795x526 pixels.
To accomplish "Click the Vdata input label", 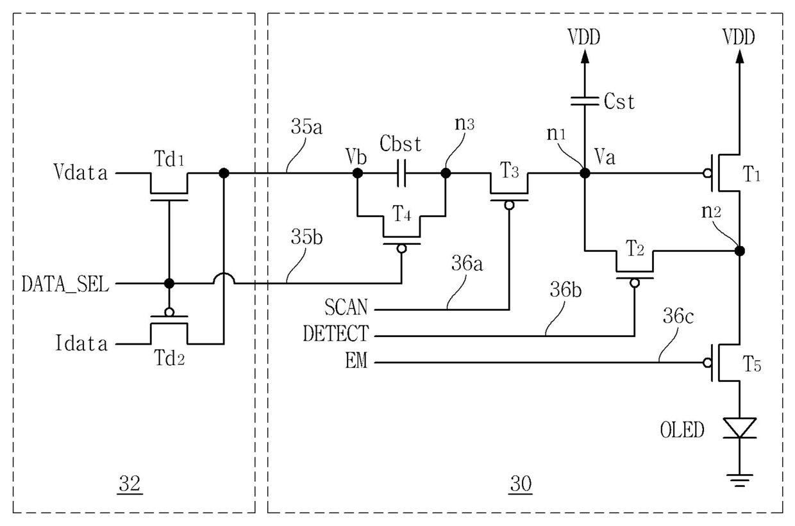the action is pyautogui.click(x=81, y=173).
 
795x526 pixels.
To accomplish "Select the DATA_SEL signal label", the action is pyautogui.click(x=65, y=284).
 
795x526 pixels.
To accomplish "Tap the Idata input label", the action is pyautogui.click(x=81, y=343).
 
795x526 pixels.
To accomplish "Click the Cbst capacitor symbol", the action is pyautogui.click(x=401, y=173).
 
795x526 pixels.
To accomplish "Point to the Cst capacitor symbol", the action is pyautogui.click(x=585, y=101).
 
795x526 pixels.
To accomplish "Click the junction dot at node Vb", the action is pyautogui.click(x=357, y=173).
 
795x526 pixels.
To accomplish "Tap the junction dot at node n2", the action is pyautogui.click(x=740, y=251).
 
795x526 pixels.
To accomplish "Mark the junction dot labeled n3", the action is pyautogui.click(x=446, y=173).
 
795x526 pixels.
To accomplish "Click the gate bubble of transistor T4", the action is pyautogui.click(x=402, y=249).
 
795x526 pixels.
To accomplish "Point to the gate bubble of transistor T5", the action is pyautogui.click(x=707, y=363).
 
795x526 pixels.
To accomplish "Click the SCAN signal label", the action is pyautogui.click(x=346, y=307).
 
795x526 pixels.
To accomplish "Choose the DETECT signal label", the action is pyautogui.click(x=336, y=333).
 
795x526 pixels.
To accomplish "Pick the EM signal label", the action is pyautogui.click(x=356, y=361).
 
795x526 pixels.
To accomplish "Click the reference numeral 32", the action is pyautogui.click(x=130, y=484).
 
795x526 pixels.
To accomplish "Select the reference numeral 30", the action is pyautogui.click(x=521, y=484).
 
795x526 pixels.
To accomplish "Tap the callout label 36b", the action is pyautogui.click(x=565, y=290).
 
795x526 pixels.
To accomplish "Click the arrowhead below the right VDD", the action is pyautogui.click(x=740, y=56).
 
